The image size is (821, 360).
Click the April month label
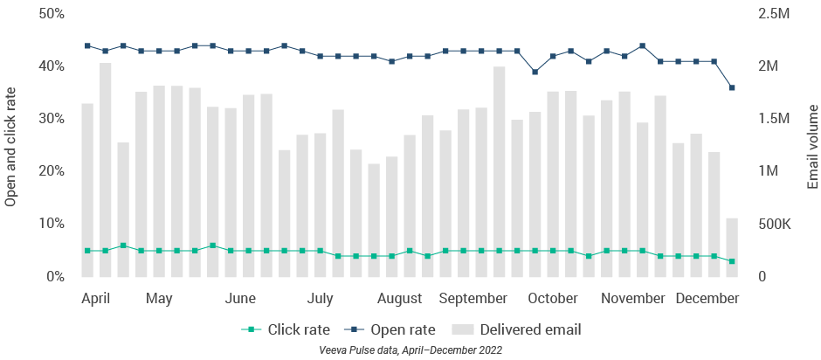[x=95, y=299]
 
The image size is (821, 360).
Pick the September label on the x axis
[x=473, y=299]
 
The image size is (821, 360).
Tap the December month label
[x=707, y=299]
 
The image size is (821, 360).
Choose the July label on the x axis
[x=321, y=299]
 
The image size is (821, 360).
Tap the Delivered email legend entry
[x=516, y=330]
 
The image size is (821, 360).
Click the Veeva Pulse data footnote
[x=410, y=350]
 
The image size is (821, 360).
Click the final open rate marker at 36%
[x=732, y=87]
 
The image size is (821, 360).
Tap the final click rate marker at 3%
[x=732, y=261]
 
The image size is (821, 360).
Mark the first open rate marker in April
[x=87, y=45]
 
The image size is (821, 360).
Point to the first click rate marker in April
[x=87, y=251]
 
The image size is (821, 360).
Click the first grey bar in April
[x=87, y=190]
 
